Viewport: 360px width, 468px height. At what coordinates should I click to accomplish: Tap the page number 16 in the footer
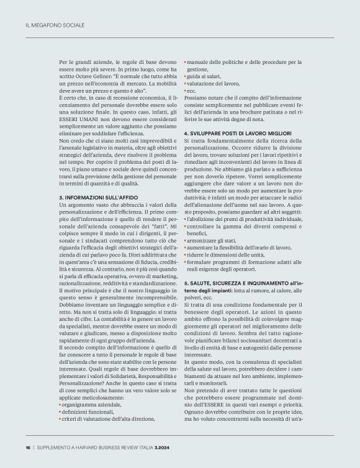(x=27, y=446)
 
